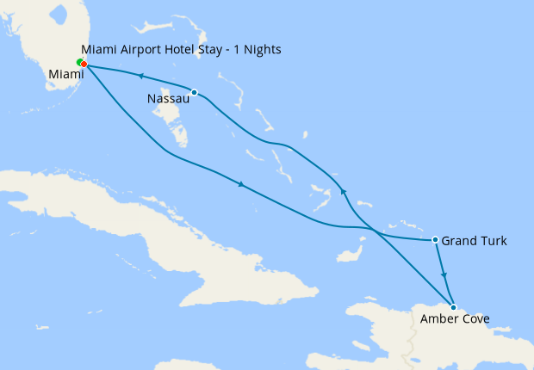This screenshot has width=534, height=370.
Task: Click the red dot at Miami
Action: click(x=84, y=64)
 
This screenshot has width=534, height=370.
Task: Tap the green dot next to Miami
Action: click(x=79, y=62)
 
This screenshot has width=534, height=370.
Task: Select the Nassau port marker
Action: click(x=195, y=92)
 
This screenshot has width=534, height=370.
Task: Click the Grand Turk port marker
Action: click(x=436, y=239)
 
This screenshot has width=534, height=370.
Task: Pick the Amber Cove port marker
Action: click(x=453, y=307)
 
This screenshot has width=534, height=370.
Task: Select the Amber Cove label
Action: click(x=455, y=319)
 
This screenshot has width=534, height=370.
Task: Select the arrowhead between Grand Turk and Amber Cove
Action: click(x=444, y=275)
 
